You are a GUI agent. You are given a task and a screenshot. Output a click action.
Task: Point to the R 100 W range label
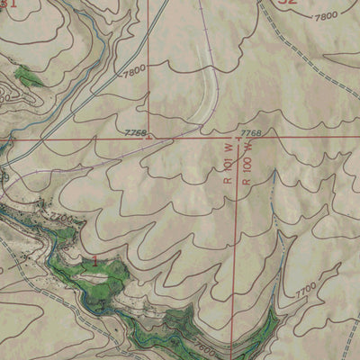click(x=245, y=162)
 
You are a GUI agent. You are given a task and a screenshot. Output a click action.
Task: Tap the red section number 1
click(x=95, y=259)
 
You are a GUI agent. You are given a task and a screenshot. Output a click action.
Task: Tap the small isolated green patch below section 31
click(x=29, y=76)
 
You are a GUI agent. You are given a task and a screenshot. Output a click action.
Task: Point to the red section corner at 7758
click(x=148, y=138)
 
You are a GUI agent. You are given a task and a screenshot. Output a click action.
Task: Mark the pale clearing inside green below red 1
click(x=94, y=278)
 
